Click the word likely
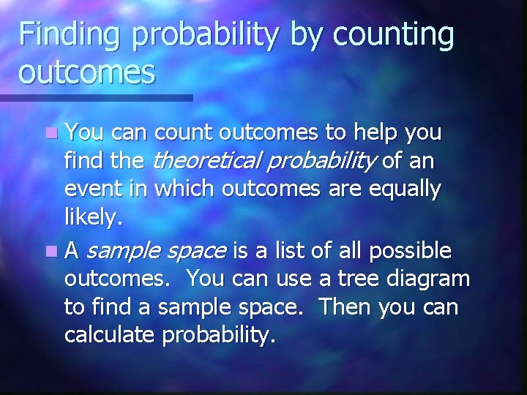pyautogui.click(x=91, y=217)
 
